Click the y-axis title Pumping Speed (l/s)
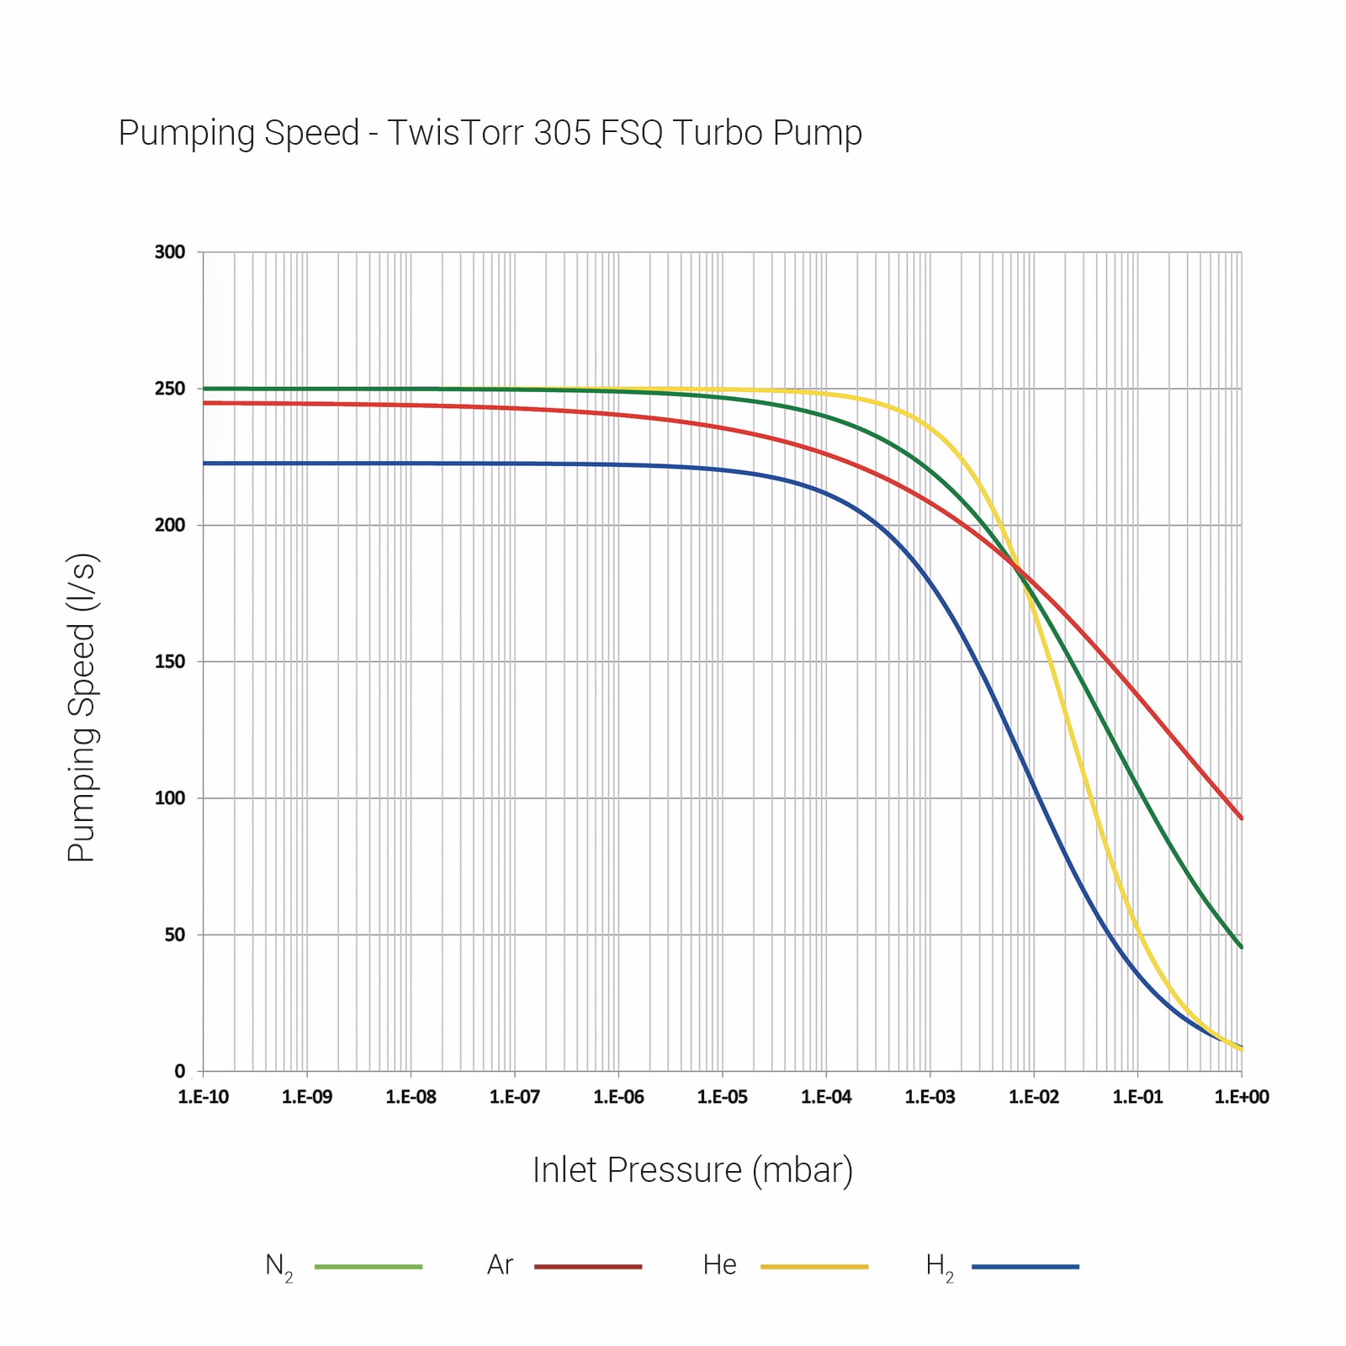click(x=82, y=707)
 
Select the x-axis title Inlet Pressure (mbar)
click(x=692, y=1170)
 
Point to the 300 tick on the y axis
click(x=170, y=252)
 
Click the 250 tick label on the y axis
click(x=170, y=389)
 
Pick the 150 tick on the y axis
click(x=170, y=662)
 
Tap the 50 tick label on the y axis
click(x=175, y=935)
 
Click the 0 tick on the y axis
click(x=180, y=1071)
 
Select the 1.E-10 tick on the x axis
click(x=204, y=1097)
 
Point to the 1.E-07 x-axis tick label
click(x=515, y=1097)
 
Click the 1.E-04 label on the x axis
click(x=826, y=1097)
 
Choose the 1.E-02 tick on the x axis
click(x=1034, y=1097)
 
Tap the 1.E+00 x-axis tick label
click(x=1242, y=1097)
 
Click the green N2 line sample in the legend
click(x=368, y=1266)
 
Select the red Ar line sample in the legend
click(x=588, y=1266)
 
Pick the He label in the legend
click(x=720, y=1265)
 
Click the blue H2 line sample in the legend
click(x=1025, y=1266)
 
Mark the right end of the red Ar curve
click(x=1241, y=817)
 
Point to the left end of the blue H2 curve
click(x=204, y=464)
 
